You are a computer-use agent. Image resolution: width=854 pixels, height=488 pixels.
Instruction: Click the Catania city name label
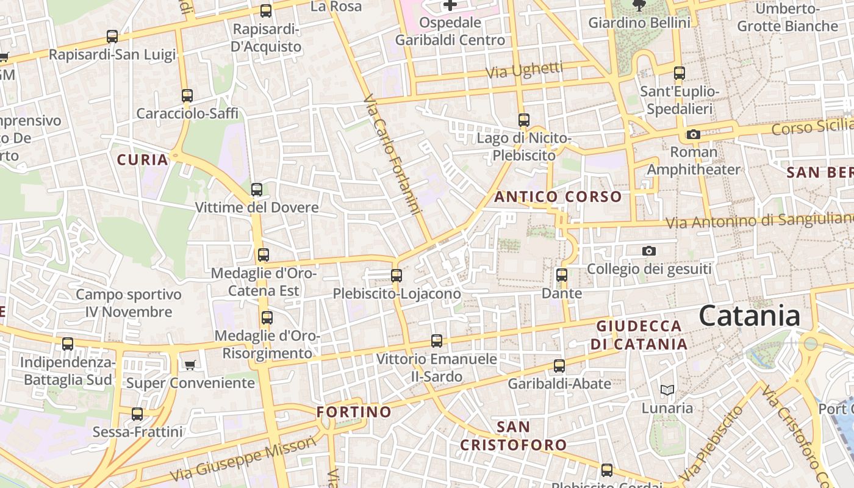(x=749, y=317)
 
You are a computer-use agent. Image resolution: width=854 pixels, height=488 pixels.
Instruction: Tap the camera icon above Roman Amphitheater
(x=693, y=134)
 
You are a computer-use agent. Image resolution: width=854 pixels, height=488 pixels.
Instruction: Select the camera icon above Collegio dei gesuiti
(x=649, y=251)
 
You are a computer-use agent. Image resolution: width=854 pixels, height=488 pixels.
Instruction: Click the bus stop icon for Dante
(x=562, y=275)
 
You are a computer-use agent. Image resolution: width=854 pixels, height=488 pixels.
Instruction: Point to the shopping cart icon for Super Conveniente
(x=190, y=365)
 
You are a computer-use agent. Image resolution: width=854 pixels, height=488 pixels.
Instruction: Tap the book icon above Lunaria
(x=667, y=390)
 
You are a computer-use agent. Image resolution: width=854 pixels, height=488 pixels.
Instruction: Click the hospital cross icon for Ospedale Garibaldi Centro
(x=450, y=5)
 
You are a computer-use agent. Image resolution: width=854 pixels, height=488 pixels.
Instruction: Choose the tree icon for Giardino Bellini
(x=639, y=5)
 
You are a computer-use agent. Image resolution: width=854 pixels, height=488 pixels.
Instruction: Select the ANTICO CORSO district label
(x=558, y=197)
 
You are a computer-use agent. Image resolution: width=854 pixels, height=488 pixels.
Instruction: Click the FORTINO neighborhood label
(x=354, y=412)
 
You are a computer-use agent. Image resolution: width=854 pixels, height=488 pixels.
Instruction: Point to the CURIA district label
(x=142, y=160)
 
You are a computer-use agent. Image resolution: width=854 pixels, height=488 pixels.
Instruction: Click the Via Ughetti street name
(x=524, y=70)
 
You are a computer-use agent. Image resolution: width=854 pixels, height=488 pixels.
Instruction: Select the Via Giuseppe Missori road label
(x=243, y=459)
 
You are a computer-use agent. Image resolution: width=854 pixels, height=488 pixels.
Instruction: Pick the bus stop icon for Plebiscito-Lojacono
(x=396, y=276)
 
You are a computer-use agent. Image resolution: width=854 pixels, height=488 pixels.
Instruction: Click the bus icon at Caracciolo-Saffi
(x=187, y=96)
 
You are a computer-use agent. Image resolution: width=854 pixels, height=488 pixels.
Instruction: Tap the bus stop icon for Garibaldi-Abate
(x=559, y=366)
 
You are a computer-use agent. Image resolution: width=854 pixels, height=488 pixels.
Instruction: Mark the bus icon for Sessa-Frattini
(x=137, y=414)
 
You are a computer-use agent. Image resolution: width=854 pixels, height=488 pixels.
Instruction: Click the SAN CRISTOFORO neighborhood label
(x=513, y=436)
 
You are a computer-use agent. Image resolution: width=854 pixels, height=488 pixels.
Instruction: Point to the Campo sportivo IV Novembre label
(x=129, y=303)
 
